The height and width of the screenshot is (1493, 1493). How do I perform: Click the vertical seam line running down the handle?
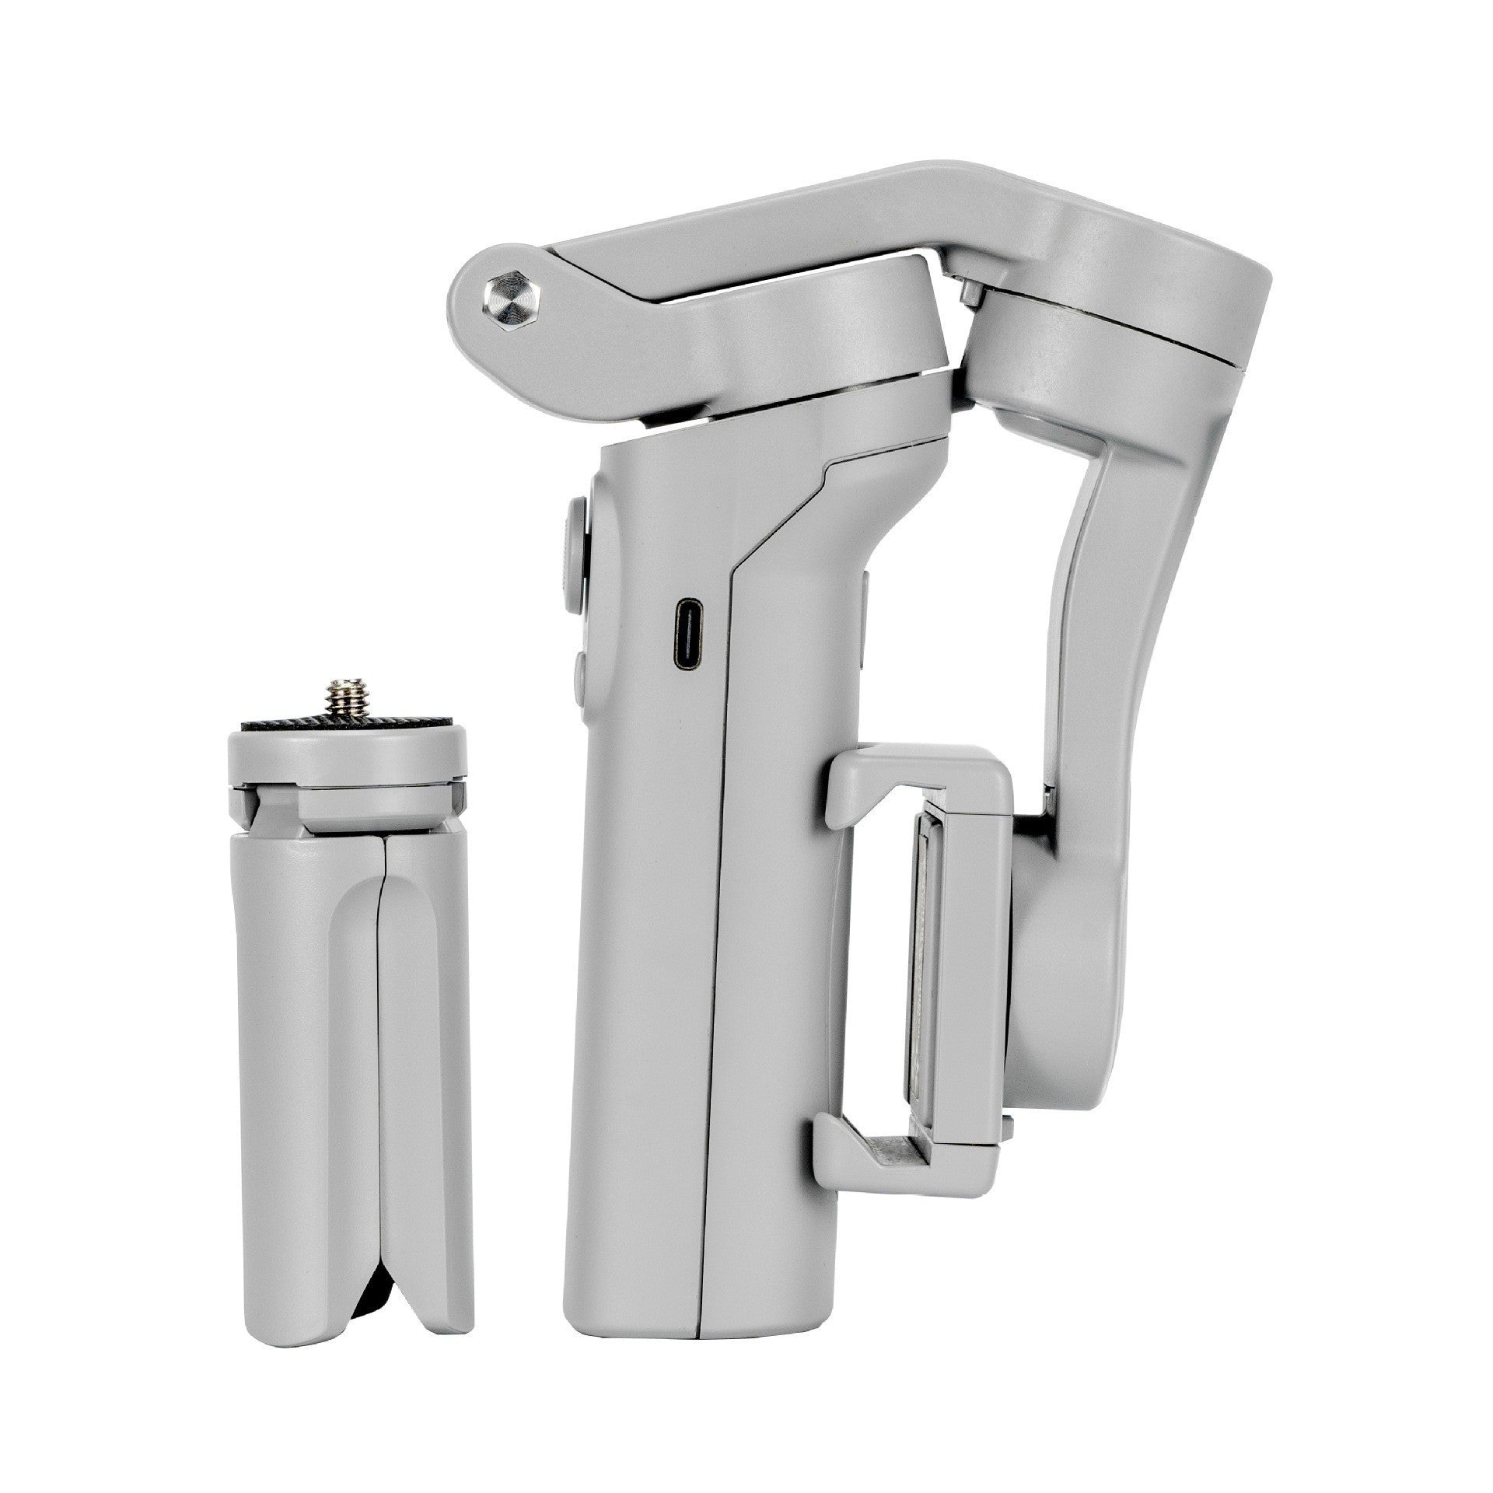pos(715,933)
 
